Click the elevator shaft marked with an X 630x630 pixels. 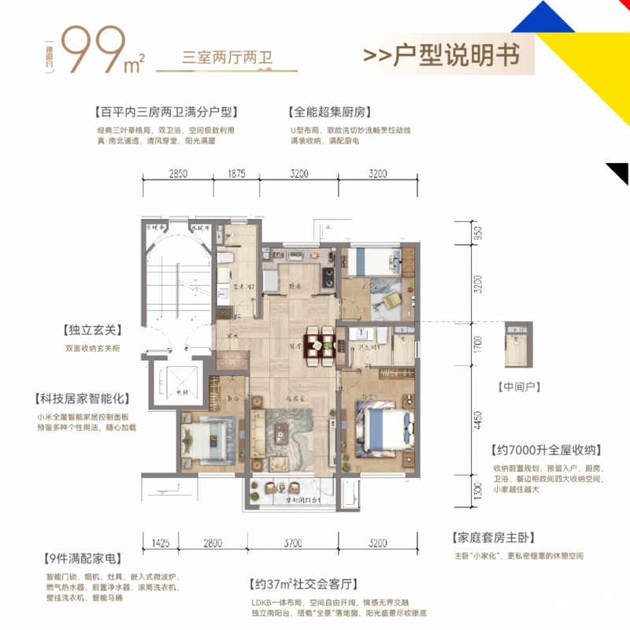183,384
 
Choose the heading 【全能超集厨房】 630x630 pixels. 330,113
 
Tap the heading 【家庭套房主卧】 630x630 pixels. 494,539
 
